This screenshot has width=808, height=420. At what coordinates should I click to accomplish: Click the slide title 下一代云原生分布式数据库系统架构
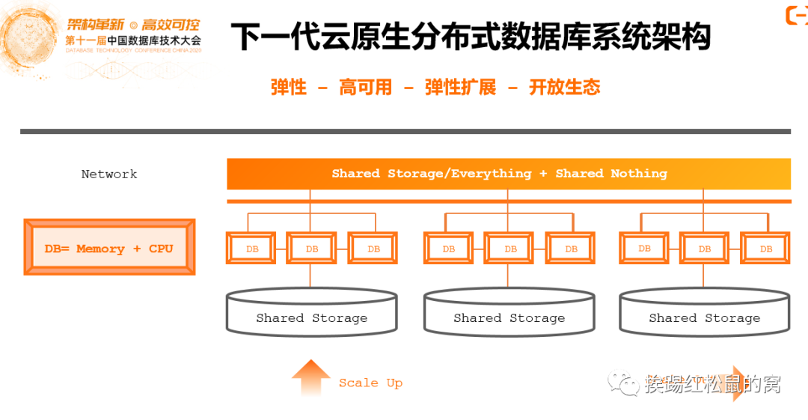(470, 37)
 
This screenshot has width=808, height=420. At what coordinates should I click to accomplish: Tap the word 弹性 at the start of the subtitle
(289, 88)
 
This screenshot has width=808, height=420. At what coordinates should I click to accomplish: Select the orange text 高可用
(365, 88)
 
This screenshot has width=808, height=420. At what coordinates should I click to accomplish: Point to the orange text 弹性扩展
(460, 88)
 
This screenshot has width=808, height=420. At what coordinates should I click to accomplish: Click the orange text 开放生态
(564, 88)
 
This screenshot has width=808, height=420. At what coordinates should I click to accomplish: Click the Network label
(109, 174)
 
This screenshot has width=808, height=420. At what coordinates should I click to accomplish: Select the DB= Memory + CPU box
(109, 248)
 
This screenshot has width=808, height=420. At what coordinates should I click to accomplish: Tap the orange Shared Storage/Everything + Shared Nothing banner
(509, 174)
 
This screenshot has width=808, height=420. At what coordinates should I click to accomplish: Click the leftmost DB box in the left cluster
(251, 248)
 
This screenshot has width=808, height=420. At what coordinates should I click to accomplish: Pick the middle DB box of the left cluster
(311, 248)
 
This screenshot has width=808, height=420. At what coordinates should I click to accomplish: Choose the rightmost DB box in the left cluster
(373, 248)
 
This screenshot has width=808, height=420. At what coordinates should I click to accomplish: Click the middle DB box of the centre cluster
(509, 248)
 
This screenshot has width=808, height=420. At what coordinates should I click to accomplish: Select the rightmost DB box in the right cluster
(765, 248)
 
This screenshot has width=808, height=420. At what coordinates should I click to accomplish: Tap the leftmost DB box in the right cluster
(644, 248)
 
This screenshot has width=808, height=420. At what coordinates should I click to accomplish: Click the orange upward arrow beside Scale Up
(311, 378)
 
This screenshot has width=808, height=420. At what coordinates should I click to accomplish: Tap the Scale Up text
(370, 383)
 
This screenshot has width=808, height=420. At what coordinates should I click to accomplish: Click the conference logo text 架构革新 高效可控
(134, 25)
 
